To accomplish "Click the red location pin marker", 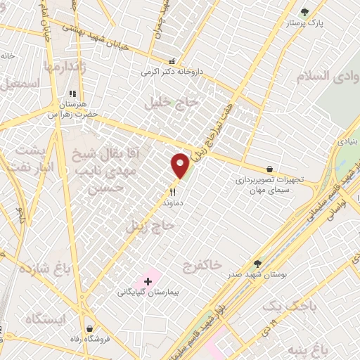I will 180,165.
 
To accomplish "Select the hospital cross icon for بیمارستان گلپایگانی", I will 148,281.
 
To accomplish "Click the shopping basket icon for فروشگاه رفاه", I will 90,328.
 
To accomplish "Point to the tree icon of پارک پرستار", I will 304,12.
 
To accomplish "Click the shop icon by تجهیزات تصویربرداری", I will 269,169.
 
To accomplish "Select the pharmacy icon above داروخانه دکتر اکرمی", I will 173,61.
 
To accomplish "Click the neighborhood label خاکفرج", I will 202,265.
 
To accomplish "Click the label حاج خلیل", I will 172,103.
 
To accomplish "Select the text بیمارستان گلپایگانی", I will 148,291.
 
